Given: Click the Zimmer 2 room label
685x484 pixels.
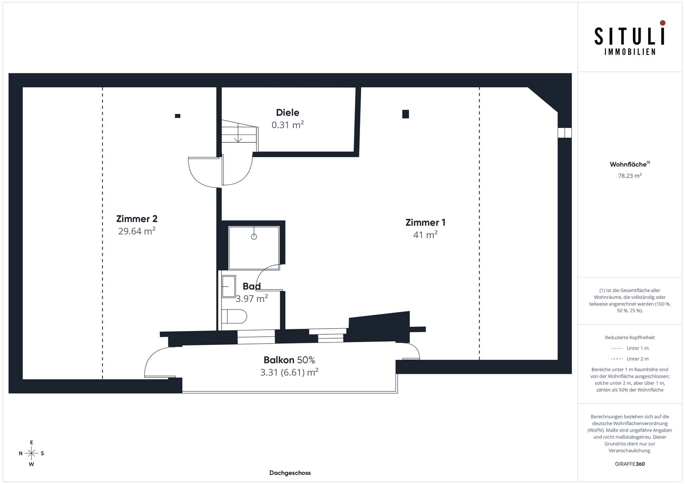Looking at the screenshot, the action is point(137,219).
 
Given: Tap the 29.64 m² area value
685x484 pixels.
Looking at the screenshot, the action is point(137,231).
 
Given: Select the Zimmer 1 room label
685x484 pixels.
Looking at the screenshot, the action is point(425,222).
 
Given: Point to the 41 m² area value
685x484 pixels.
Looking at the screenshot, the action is point(425,235).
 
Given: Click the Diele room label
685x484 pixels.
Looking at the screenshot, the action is point(288,113).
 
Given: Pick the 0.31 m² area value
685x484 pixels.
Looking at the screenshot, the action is point(288,125).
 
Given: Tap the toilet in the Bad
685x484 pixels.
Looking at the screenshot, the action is point(234,316).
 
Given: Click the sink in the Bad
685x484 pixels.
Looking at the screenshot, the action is point(229,286).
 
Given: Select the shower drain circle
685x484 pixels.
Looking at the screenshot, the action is point(254,237).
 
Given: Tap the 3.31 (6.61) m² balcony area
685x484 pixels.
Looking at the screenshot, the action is point(289,372).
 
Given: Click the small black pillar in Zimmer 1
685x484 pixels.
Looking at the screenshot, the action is point(406,114).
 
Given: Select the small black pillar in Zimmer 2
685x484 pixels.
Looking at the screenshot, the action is point(178,116).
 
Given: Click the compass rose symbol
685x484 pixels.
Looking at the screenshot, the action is point(31,453).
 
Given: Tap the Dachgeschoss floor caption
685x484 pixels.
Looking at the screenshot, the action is point(290,473).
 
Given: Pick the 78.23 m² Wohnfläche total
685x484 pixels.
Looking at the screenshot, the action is point(630,176).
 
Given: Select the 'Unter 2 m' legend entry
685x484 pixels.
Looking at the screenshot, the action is point(630,359).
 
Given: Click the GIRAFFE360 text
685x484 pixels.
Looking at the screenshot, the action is point(630,464).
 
